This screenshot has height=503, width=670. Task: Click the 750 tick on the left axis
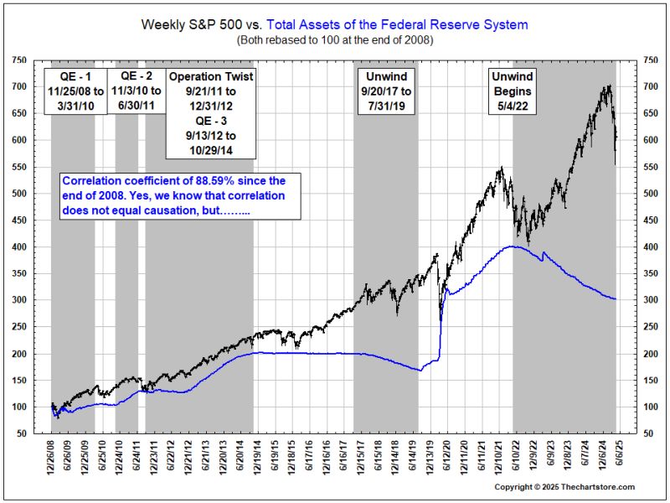[x=18, y=60]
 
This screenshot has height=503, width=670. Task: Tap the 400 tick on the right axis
[x=650, y=246]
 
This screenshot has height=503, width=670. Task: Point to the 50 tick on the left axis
[x=21, y=434]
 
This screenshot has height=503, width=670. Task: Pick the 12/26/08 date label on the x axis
[x=52, y=457]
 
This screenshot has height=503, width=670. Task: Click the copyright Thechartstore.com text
[x=564, y=487]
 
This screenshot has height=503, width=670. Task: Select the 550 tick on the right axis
[x=650, y=167]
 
